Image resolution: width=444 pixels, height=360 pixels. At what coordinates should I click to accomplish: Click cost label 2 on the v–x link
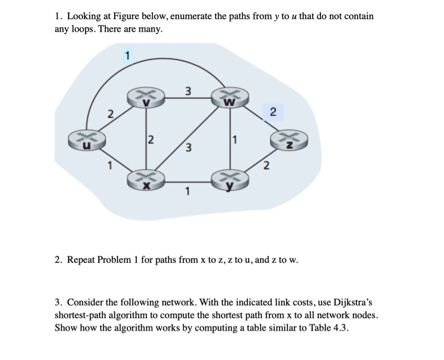(150, 139)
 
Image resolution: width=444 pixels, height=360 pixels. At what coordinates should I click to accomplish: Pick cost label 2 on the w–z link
(272, 112)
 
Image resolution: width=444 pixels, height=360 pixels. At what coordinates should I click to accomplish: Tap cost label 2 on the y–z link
(266, 166)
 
